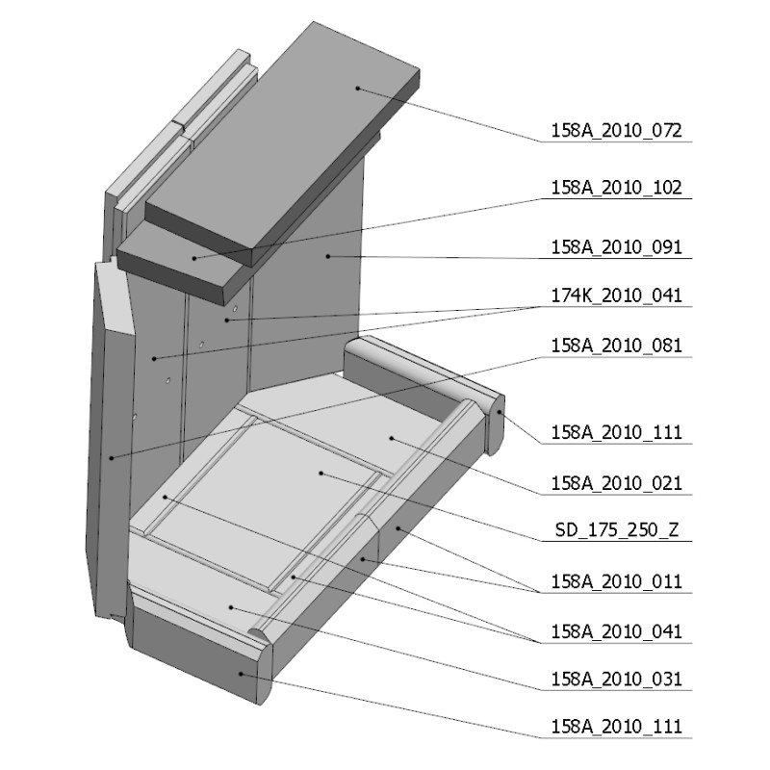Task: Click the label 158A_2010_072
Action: click(x=616, y=131)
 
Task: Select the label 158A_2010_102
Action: click(x=616, y=188)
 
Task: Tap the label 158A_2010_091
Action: click(x=616, y=247)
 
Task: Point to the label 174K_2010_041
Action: click(x=616, y=295)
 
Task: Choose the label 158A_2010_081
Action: click(x=616, y=346)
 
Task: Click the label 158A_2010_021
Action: click(x=616, y=484)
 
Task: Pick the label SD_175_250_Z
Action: click(x=617, y=530)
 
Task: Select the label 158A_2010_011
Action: click(x=616, y=582)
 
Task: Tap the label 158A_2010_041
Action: click(x=616, y=632)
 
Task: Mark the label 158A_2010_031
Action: click(x=616, y=680)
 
